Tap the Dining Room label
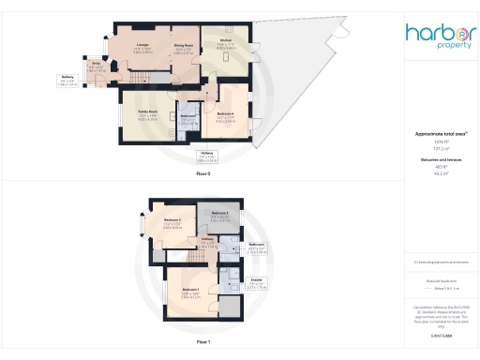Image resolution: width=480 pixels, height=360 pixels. click(x=183, y=46)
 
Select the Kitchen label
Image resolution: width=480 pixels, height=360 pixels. click(x=225, y=40)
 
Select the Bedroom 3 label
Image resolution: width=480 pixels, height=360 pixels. click(x=220, y=214)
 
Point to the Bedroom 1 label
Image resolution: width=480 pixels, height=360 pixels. click(x=190, y=290)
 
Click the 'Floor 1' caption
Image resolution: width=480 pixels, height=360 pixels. click(x=202, y=343)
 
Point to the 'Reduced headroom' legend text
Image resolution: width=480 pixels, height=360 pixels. click(x=433, y=280)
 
